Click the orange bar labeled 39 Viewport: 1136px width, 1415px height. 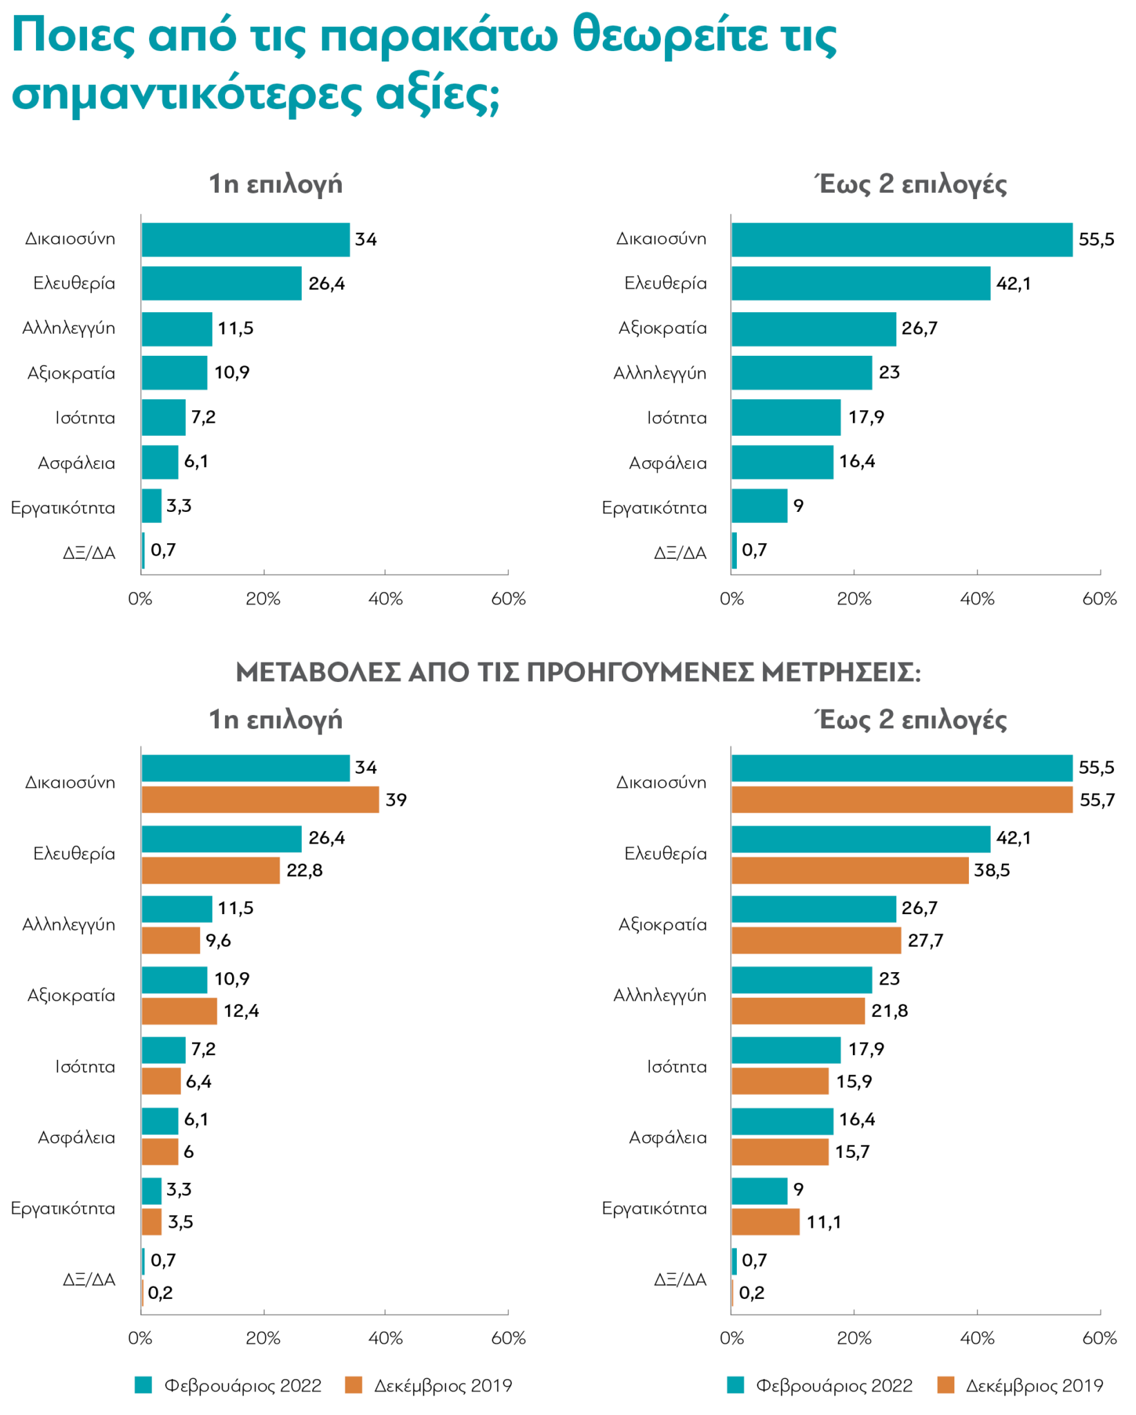click(x=260, y=799)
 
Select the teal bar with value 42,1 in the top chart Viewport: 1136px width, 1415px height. click(x=860, y=283)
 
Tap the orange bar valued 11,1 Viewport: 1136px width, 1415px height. click(x=765, y=1222)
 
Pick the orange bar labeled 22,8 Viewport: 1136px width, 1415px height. click(x=211, y=870)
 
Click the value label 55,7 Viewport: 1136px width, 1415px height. click(x=1097, y=800)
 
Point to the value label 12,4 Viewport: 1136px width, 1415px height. click(x=241, y=1011)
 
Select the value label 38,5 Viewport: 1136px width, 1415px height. click(x=992, y=870)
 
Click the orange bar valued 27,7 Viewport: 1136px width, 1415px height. click(x=816, y=940)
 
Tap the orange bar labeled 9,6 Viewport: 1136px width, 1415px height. click(x=171, y=940)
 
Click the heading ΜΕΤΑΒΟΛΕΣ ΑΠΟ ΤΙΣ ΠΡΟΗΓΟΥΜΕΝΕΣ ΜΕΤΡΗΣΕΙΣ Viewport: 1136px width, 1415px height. click(x=578, y=672)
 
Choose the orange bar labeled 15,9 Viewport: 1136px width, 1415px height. click(x=780, y=1081)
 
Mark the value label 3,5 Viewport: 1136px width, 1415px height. click(x=180, y=1222)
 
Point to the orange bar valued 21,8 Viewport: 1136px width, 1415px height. click(x=798, y=1011)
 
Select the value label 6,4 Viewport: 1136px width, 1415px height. click(x=198, y=1081)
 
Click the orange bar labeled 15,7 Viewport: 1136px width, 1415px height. click(x=780, y=1152)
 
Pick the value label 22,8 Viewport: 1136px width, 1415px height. click(x=305, y=870)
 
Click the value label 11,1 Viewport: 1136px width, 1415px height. click(x=824, y=1222)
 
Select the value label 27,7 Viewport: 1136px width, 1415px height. click(x=925, y=940)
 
